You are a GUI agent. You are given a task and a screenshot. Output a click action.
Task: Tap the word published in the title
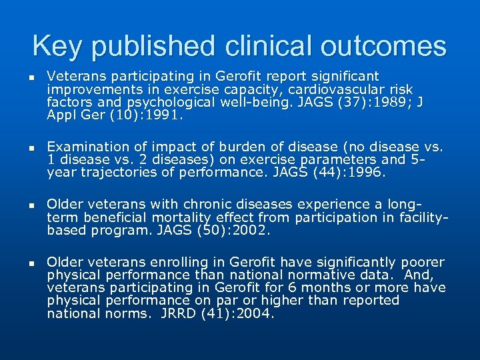[x=153, y=46]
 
